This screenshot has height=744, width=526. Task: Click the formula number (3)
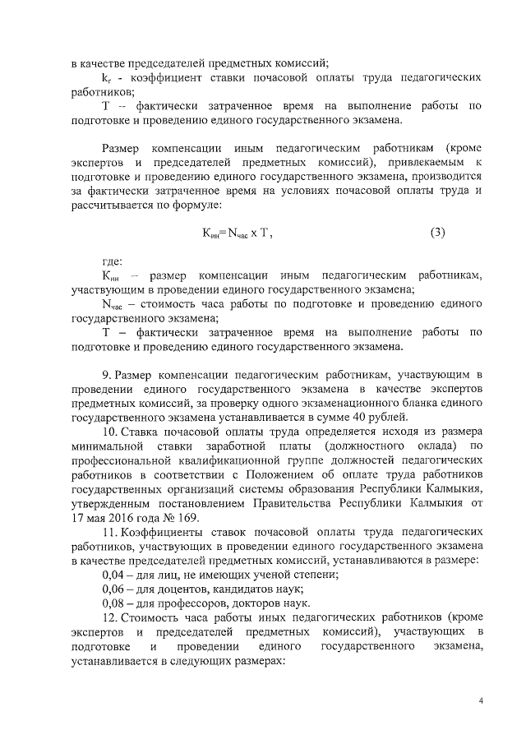click(437, 233)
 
